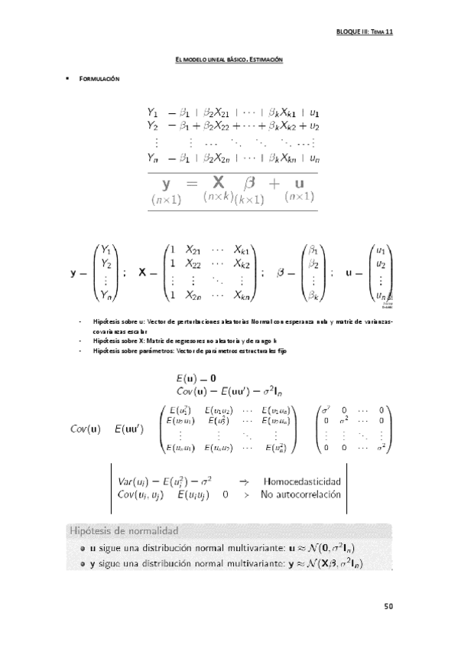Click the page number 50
pos(388,606)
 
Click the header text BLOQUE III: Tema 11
pos(364,33)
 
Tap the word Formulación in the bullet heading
pos(100,79)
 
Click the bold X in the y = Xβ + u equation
pos(219,183)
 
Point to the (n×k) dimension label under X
pos(218,197)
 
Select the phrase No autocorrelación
pos(298,495)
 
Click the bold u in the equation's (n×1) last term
pos(299,183)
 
